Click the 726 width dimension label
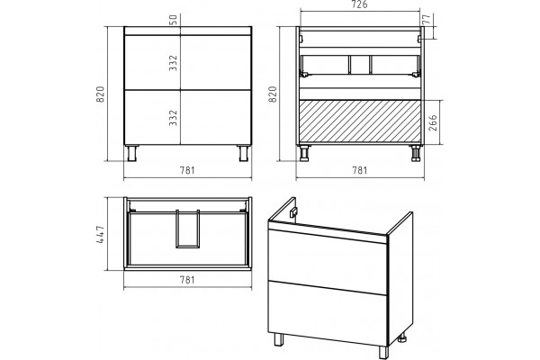pos(360,4)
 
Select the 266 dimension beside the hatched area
pos(433,122)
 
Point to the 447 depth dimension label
pos(100,234)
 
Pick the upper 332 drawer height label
pos(173,63)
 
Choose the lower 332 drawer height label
pos(173,118)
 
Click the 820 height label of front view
pos(100,94)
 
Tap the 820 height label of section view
pos(272,94)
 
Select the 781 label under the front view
pos(187,170)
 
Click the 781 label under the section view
pos(359,170)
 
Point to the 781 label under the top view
pos(187,280)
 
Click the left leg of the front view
pos(132,153)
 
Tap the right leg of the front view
pos(243,153)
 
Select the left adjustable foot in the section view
pos(305,153)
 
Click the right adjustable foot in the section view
pos(415,153)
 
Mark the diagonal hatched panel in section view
pos(360,121)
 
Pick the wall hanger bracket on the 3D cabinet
pos(293,213)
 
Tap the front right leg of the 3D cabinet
pos(383,353)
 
